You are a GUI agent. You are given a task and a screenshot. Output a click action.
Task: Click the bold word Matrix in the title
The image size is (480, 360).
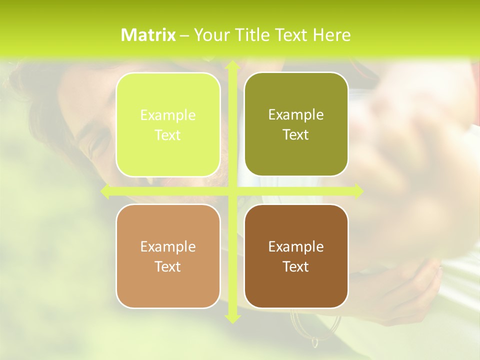tap(148, 35)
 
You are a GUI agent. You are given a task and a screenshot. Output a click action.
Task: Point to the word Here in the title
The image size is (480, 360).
tap(331, 35)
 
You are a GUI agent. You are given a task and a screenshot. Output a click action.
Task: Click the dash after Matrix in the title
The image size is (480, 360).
tap(184, 35)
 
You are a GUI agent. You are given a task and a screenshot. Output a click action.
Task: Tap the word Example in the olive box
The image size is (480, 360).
tap(296, 114)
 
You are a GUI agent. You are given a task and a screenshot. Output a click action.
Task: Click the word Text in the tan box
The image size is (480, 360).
tap(168, 266)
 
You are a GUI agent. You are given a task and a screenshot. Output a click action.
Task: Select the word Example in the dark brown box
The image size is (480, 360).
tap(296, 246)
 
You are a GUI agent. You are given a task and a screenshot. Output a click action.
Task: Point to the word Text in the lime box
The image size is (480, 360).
tap(168, 135)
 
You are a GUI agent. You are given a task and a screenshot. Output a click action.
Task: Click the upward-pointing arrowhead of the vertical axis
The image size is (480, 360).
tap(232, 65)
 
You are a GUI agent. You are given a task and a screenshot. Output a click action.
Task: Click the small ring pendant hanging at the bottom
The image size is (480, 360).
tap(315, 342)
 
